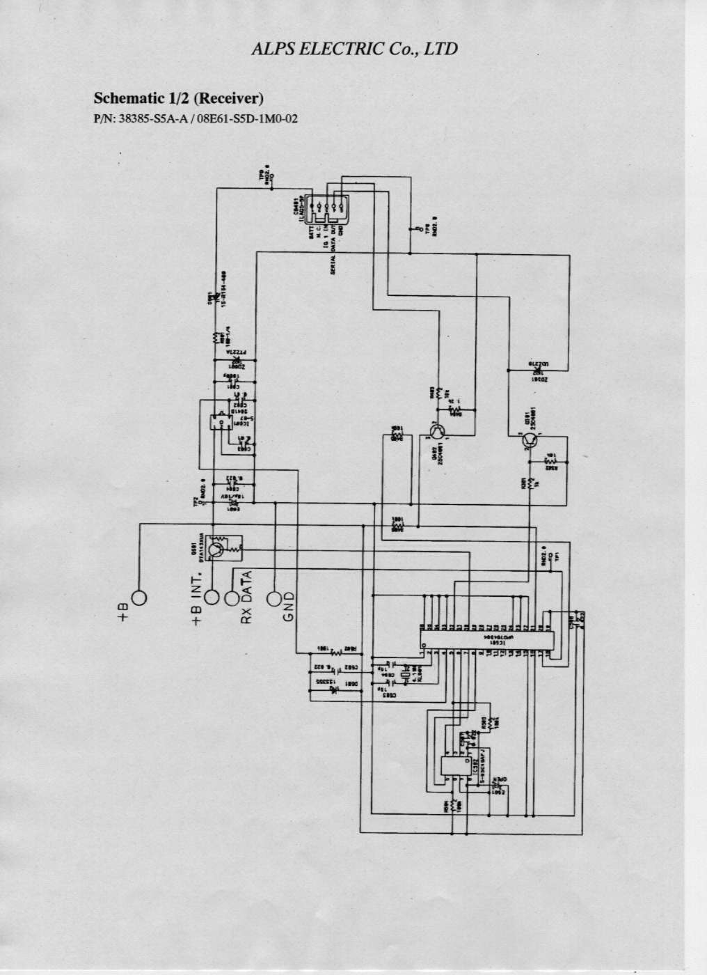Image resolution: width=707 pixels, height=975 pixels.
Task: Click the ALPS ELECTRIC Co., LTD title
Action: coord(354,49)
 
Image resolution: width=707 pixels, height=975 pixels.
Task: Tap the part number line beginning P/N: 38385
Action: coord(196,118)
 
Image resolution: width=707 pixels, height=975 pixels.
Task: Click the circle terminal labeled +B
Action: coord(139,598)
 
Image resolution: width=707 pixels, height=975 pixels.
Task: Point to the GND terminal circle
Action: coord(275,598)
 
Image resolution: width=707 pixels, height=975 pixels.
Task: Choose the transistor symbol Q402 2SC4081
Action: coord(437,432)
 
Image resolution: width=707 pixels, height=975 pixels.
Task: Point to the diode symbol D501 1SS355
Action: coord(333,692)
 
